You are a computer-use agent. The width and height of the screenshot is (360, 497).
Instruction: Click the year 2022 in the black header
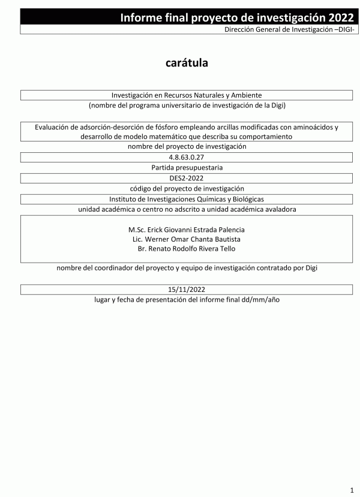pyautogui.click(x=337, y=17)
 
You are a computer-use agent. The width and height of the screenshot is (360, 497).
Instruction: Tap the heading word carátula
pyautogui.click(x=187, y=63)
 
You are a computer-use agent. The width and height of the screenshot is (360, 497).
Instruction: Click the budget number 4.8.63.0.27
pyautogui.click(x=187, y=157)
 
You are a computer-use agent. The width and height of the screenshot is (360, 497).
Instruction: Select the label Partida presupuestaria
pyautogui.click(x=187, y=167)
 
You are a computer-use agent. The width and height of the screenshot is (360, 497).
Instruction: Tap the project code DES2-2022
pyautogui.click(x=187, y=178)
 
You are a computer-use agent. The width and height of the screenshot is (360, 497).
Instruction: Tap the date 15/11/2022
pyautogui.click(x=187, y=288)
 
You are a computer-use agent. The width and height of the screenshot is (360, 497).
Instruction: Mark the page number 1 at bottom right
pyautogui.click(x=352, y=489)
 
